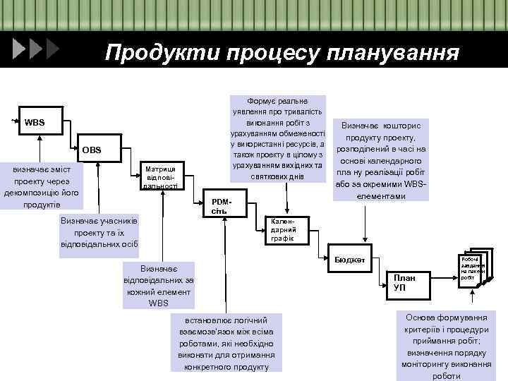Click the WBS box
pyautogui.click(x=35, y=123)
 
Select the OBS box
pyautogui.click(x=92, y=150)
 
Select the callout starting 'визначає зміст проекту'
pyautogui.click(x=41, y=187)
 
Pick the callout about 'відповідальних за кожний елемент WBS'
pyautogui.click(x=159, y=286)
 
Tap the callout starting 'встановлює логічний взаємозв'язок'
pyautogui.click(x=226, y=342)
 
